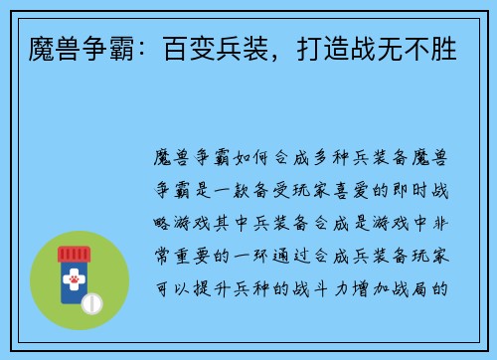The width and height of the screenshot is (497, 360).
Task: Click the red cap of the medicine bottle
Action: point(73,253)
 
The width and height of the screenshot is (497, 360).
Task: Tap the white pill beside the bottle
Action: point(95,300)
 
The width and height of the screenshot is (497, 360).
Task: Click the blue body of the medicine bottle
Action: point(72,297)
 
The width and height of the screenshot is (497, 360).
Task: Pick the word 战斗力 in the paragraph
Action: point(321,288)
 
